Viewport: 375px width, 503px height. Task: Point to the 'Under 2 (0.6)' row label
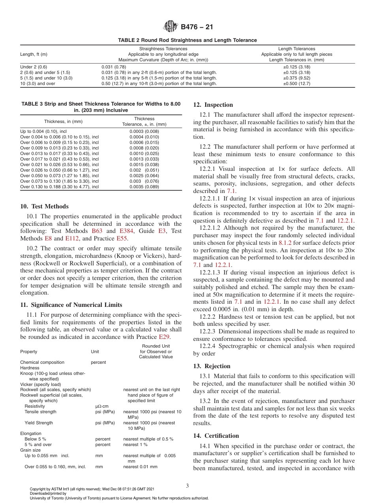[x=34, y=67]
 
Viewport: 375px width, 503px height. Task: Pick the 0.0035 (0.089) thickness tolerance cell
[x=144, y=187]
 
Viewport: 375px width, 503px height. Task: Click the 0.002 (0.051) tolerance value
[x=144, y=170]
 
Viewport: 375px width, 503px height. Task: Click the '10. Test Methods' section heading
[x=44, y=206]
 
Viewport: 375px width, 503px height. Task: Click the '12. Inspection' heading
[x=213, y=105]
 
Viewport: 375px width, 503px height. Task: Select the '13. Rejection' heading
[x=212, y=366]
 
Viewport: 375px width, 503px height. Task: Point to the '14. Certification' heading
[x=216, y=436]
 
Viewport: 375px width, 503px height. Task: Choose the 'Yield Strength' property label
[x=39, y=423]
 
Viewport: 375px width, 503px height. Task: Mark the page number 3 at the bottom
[x=187, y=486]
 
